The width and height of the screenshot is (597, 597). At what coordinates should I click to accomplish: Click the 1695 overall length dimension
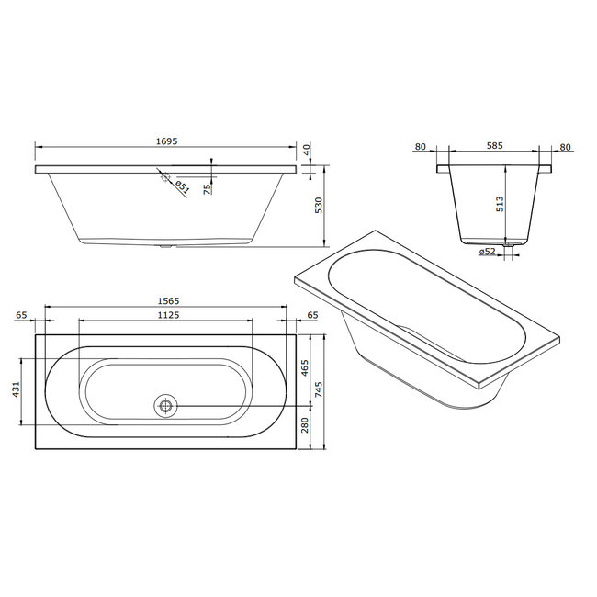[x=165, y=141]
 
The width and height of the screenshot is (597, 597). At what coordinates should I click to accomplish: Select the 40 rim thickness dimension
[x=307, y=150]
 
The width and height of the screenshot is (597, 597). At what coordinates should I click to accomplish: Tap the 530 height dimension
[x=319, y=207]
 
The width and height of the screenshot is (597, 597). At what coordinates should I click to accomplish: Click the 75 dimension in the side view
[x=207, y=187]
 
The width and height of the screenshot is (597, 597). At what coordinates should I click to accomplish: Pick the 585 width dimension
[x=495, y=146]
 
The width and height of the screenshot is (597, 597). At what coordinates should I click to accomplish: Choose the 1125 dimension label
[x=165, y=315]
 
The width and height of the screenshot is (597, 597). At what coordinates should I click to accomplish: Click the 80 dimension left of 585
[x=420, y=146]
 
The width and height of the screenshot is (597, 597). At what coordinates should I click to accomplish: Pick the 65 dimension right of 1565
[x=312, y=315]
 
